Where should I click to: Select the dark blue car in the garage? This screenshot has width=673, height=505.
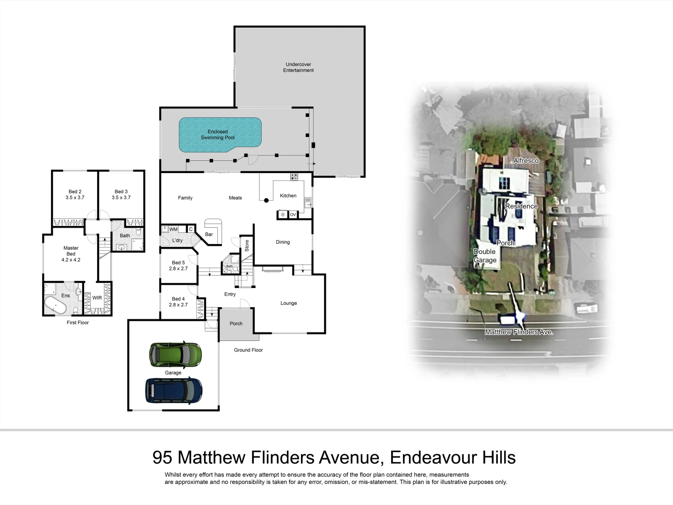pos(174,390)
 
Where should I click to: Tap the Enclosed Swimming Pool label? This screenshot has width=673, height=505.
pos(218,135)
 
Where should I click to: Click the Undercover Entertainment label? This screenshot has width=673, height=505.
pos(298,67)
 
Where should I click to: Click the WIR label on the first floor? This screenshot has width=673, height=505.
pos(97,298)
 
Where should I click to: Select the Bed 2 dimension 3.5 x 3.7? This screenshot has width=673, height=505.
pos(75,198)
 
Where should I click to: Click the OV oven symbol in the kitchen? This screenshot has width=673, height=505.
pos(293,215)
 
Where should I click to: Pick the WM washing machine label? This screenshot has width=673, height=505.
pos(173,229)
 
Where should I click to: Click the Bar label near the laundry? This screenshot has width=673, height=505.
pos(209,234)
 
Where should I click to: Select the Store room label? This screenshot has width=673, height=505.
pos(247,245)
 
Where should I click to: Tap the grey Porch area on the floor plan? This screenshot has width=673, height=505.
pos(236,324)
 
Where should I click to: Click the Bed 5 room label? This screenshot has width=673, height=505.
pos(178,263)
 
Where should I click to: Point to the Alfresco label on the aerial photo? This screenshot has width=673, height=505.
pos(526,160)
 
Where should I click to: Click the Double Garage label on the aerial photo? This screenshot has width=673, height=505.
pos(485,256)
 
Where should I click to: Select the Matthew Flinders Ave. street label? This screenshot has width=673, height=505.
pos(519,332)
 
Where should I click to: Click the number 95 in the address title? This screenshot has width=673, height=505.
pos(162,457)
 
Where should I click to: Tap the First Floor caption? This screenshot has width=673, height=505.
pos(78,323)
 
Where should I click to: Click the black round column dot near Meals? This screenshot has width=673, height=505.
pos(266,201)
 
